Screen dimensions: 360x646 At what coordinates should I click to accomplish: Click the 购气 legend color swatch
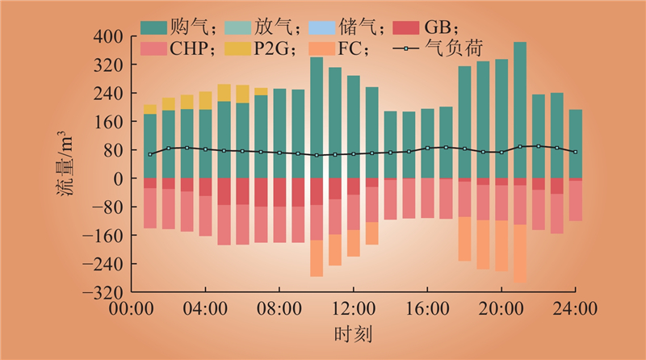[155, 28]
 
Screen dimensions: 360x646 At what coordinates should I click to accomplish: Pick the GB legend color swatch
[405, 28]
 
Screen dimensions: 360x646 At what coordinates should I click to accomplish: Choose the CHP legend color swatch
[155, 49]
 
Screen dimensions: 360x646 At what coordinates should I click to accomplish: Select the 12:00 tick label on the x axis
[353, 308]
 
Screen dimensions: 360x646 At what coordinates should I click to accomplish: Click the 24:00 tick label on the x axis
[576, 308]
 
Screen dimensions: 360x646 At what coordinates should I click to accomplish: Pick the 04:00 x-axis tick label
[205, 308]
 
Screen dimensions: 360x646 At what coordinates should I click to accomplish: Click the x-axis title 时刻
[353, 333]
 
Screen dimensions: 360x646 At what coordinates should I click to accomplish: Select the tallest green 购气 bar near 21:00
[520, 110]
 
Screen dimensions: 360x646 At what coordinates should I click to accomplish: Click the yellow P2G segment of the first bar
[150, 109]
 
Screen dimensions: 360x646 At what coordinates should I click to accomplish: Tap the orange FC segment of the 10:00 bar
[317, 258]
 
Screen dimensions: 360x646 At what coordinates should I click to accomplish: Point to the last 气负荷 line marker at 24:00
[575, 152]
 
